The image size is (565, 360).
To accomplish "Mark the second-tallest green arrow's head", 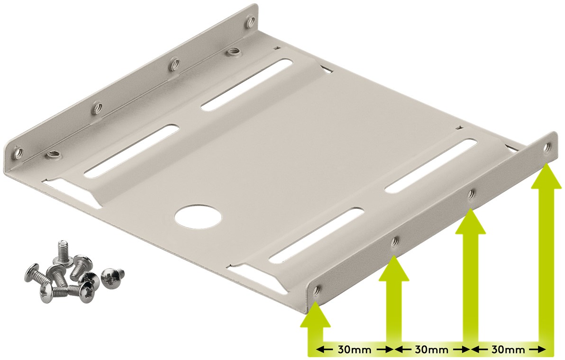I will [470, 221].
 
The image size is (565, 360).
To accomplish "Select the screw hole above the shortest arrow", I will [318, 288].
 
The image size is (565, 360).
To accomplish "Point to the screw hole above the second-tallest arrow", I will [471, 194].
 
